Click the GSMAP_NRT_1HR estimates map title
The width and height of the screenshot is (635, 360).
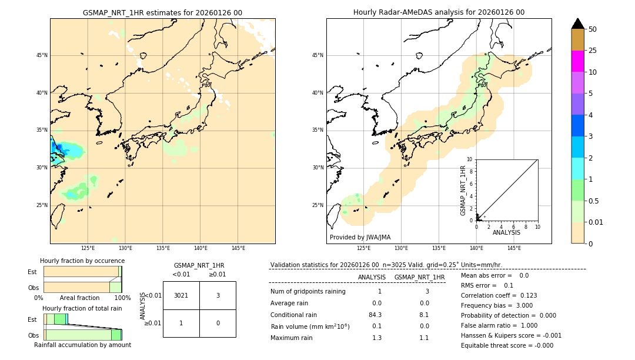coord(162,12)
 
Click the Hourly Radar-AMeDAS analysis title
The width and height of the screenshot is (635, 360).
coord(439,12)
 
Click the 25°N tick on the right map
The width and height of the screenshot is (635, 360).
coord(318,205)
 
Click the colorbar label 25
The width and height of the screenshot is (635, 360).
coord(593,51)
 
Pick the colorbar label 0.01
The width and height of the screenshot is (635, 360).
coord(596,222)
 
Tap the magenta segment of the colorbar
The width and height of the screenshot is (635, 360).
coord(577,61)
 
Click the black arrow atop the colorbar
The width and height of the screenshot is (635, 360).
coord(577,24)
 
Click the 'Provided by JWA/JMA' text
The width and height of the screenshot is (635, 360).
coord(360,238)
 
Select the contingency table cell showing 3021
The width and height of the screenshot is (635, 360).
coord(181,295)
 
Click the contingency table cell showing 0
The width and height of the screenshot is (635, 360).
coord(218,323)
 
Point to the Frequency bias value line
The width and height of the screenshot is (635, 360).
coord(497,305)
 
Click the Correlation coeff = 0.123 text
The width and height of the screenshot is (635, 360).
coord(499,295)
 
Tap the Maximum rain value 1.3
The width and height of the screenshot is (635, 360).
coord(377,338)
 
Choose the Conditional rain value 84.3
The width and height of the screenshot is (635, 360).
coord(375,315)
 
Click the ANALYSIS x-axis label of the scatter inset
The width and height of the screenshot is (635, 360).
coord(506,232)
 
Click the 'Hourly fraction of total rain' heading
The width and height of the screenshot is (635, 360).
coord(82,308)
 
